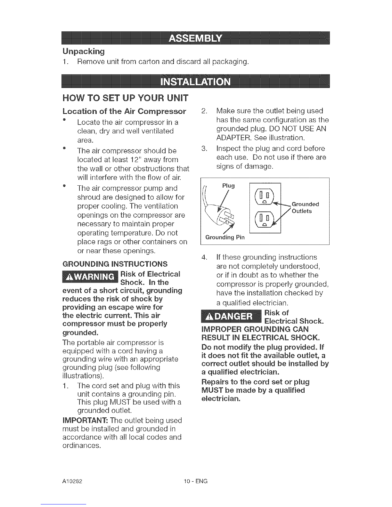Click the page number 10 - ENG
coord(196,481)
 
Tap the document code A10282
coord(72,481)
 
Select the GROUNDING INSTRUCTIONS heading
coord(115,264)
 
